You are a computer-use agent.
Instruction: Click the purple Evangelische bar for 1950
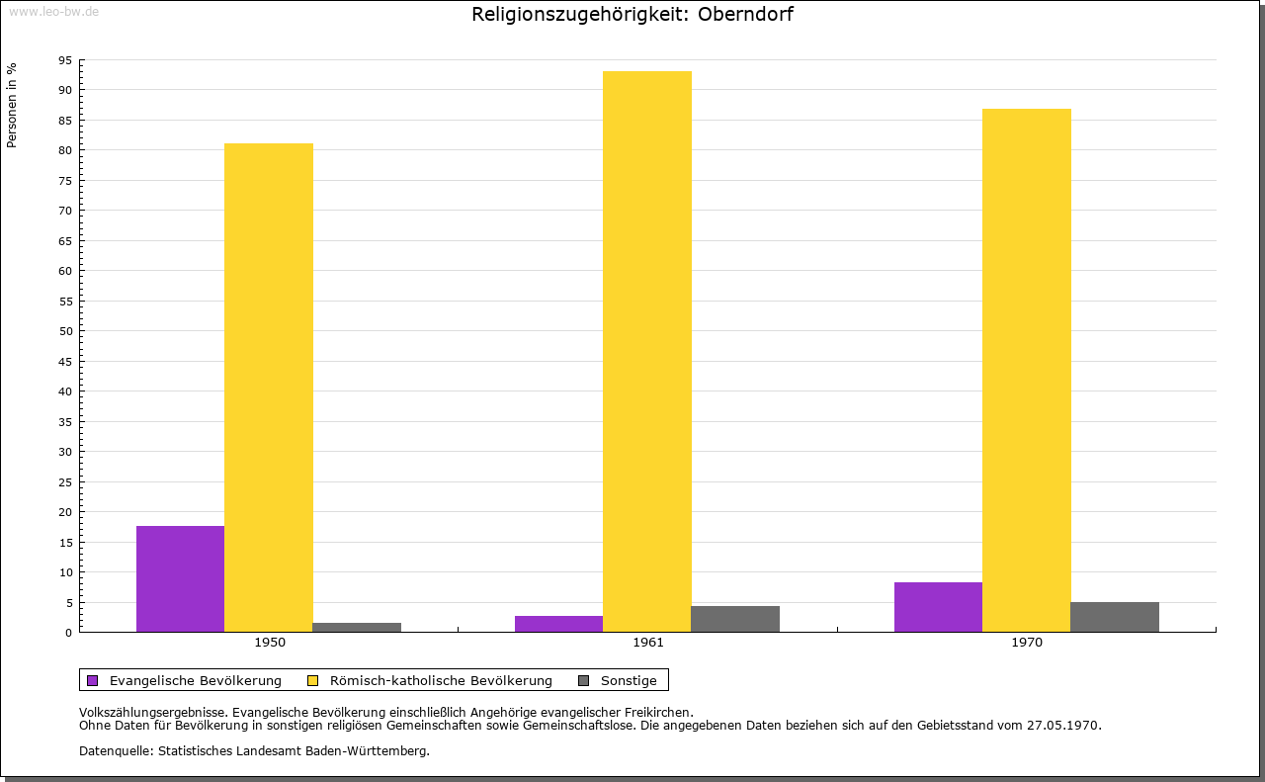click(180, 578)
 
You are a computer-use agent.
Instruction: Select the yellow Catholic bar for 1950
click(269, 388)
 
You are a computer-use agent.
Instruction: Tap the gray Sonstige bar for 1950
click(357, 627)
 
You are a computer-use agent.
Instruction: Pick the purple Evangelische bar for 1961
click(558, 624)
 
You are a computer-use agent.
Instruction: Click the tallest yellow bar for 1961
click(647, 351)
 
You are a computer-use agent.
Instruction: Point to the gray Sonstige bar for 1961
click(735, 619)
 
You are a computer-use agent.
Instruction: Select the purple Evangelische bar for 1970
click(938, 607)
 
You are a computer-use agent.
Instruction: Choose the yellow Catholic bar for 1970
click(1026, 370)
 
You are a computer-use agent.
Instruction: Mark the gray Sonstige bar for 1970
click(1115, 617)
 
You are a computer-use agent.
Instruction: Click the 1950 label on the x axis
click(270, 643)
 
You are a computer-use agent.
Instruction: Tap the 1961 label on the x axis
click(648, 643)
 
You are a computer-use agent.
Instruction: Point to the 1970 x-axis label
click(1027, 643)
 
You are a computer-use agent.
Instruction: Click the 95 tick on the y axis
click(65, 60)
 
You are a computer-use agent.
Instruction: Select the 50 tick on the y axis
click(65, 331)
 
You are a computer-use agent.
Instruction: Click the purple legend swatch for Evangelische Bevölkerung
click(93, 680)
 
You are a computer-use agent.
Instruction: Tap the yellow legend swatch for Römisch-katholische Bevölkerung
click(313, 680)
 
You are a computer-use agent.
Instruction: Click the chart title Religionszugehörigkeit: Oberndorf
click(632, 15)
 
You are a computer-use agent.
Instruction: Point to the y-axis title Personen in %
click(12, 105)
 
